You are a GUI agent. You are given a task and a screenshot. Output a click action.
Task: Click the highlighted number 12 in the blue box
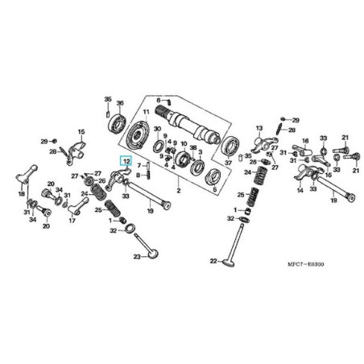[126, 162]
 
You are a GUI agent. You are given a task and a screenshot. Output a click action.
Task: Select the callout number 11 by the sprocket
[147, 111]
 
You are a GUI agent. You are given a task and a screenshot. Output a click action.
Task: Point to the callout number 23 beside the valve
[138, 257]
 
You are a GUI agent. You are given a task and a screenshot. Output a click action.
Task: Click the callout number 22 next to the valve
[213, 262]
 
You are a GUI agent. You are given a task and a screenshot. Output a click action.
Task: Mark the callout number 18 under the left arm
[22, 195]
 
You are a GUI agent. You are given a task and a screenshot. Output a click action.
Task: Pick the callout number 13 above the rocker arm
[259, 128]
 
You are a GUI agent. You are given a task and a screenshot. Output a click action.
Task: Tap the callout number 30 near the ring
[158, 128]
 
